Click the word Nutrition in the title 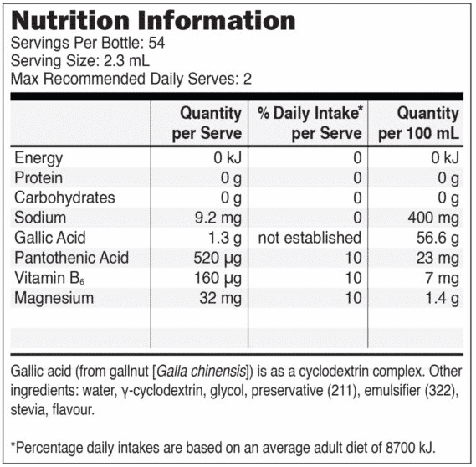pyautogui.click(x=70, y=21)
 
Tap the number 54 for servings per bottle pyautogui.click(x=156, y=43)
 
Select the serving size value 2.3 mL pyautogui.click(x=126, y=61)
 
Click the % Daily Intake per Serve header pyautogui.click(x=310, y=123)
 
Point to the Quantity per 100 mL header pyautogui.click(x=418, y=123)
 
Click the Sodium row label pyautogui.click(x=40, y=218)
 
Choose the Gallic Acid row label pyautogui.click(x=50, y=238)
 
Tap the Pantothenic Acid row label pyautogui.click(x=72, y=258)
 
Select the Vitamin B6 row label pyautogui.click(x=49, y=278)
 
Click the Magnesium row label pyautogui.click(x=54, y=298)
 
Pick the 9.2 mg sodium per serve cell pyautogui.click(x=218, y=218)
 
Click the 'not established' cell pyautogui.click(x=310, y=238)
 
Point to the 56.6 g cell pyautogui.click(x=438, y=238)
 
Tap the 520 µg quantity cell pyautogui.click(x=218, y=259)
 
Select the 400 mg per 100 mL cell pyautogui.click(x=433, y=218)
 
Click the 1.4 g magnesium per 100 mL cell pyautogui.click(x=442, y=299)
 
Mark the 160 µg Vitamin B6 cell pyautogui.click(x=218, y=279)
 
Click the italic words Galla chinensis pyautogui.click(x=202, y=372)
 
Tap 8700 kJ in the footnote pyautogui.click(x=411, y=448)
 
